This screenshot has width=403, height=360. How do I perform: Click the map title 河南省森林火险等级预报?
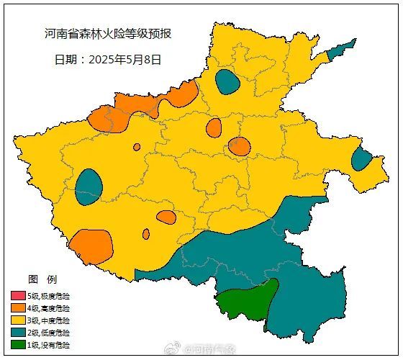pos(108,34)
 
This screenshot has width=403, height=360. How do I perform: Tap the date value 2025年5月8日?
pos(125,60)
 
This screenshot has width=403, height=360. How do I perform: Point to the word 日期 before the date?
pos(67,60)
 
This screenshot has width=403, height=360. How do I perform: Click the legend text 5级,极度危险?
pos(50,295)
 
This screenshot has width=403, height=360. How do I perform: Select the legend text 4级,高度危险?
pos(50,307)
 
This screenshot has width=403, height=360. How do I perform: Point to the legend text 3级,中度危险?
pos(50,320)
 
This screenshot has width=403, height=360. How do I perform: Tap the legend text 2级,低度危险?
pos(50,332)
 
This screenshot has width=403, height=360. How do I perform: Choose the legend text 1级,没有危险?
pos(50,344)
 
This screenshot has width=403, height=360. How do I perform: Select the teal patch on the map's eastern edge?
pos(361,158)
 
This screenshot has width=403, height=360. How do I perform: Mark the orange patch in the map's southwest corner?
pos(91,247)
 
